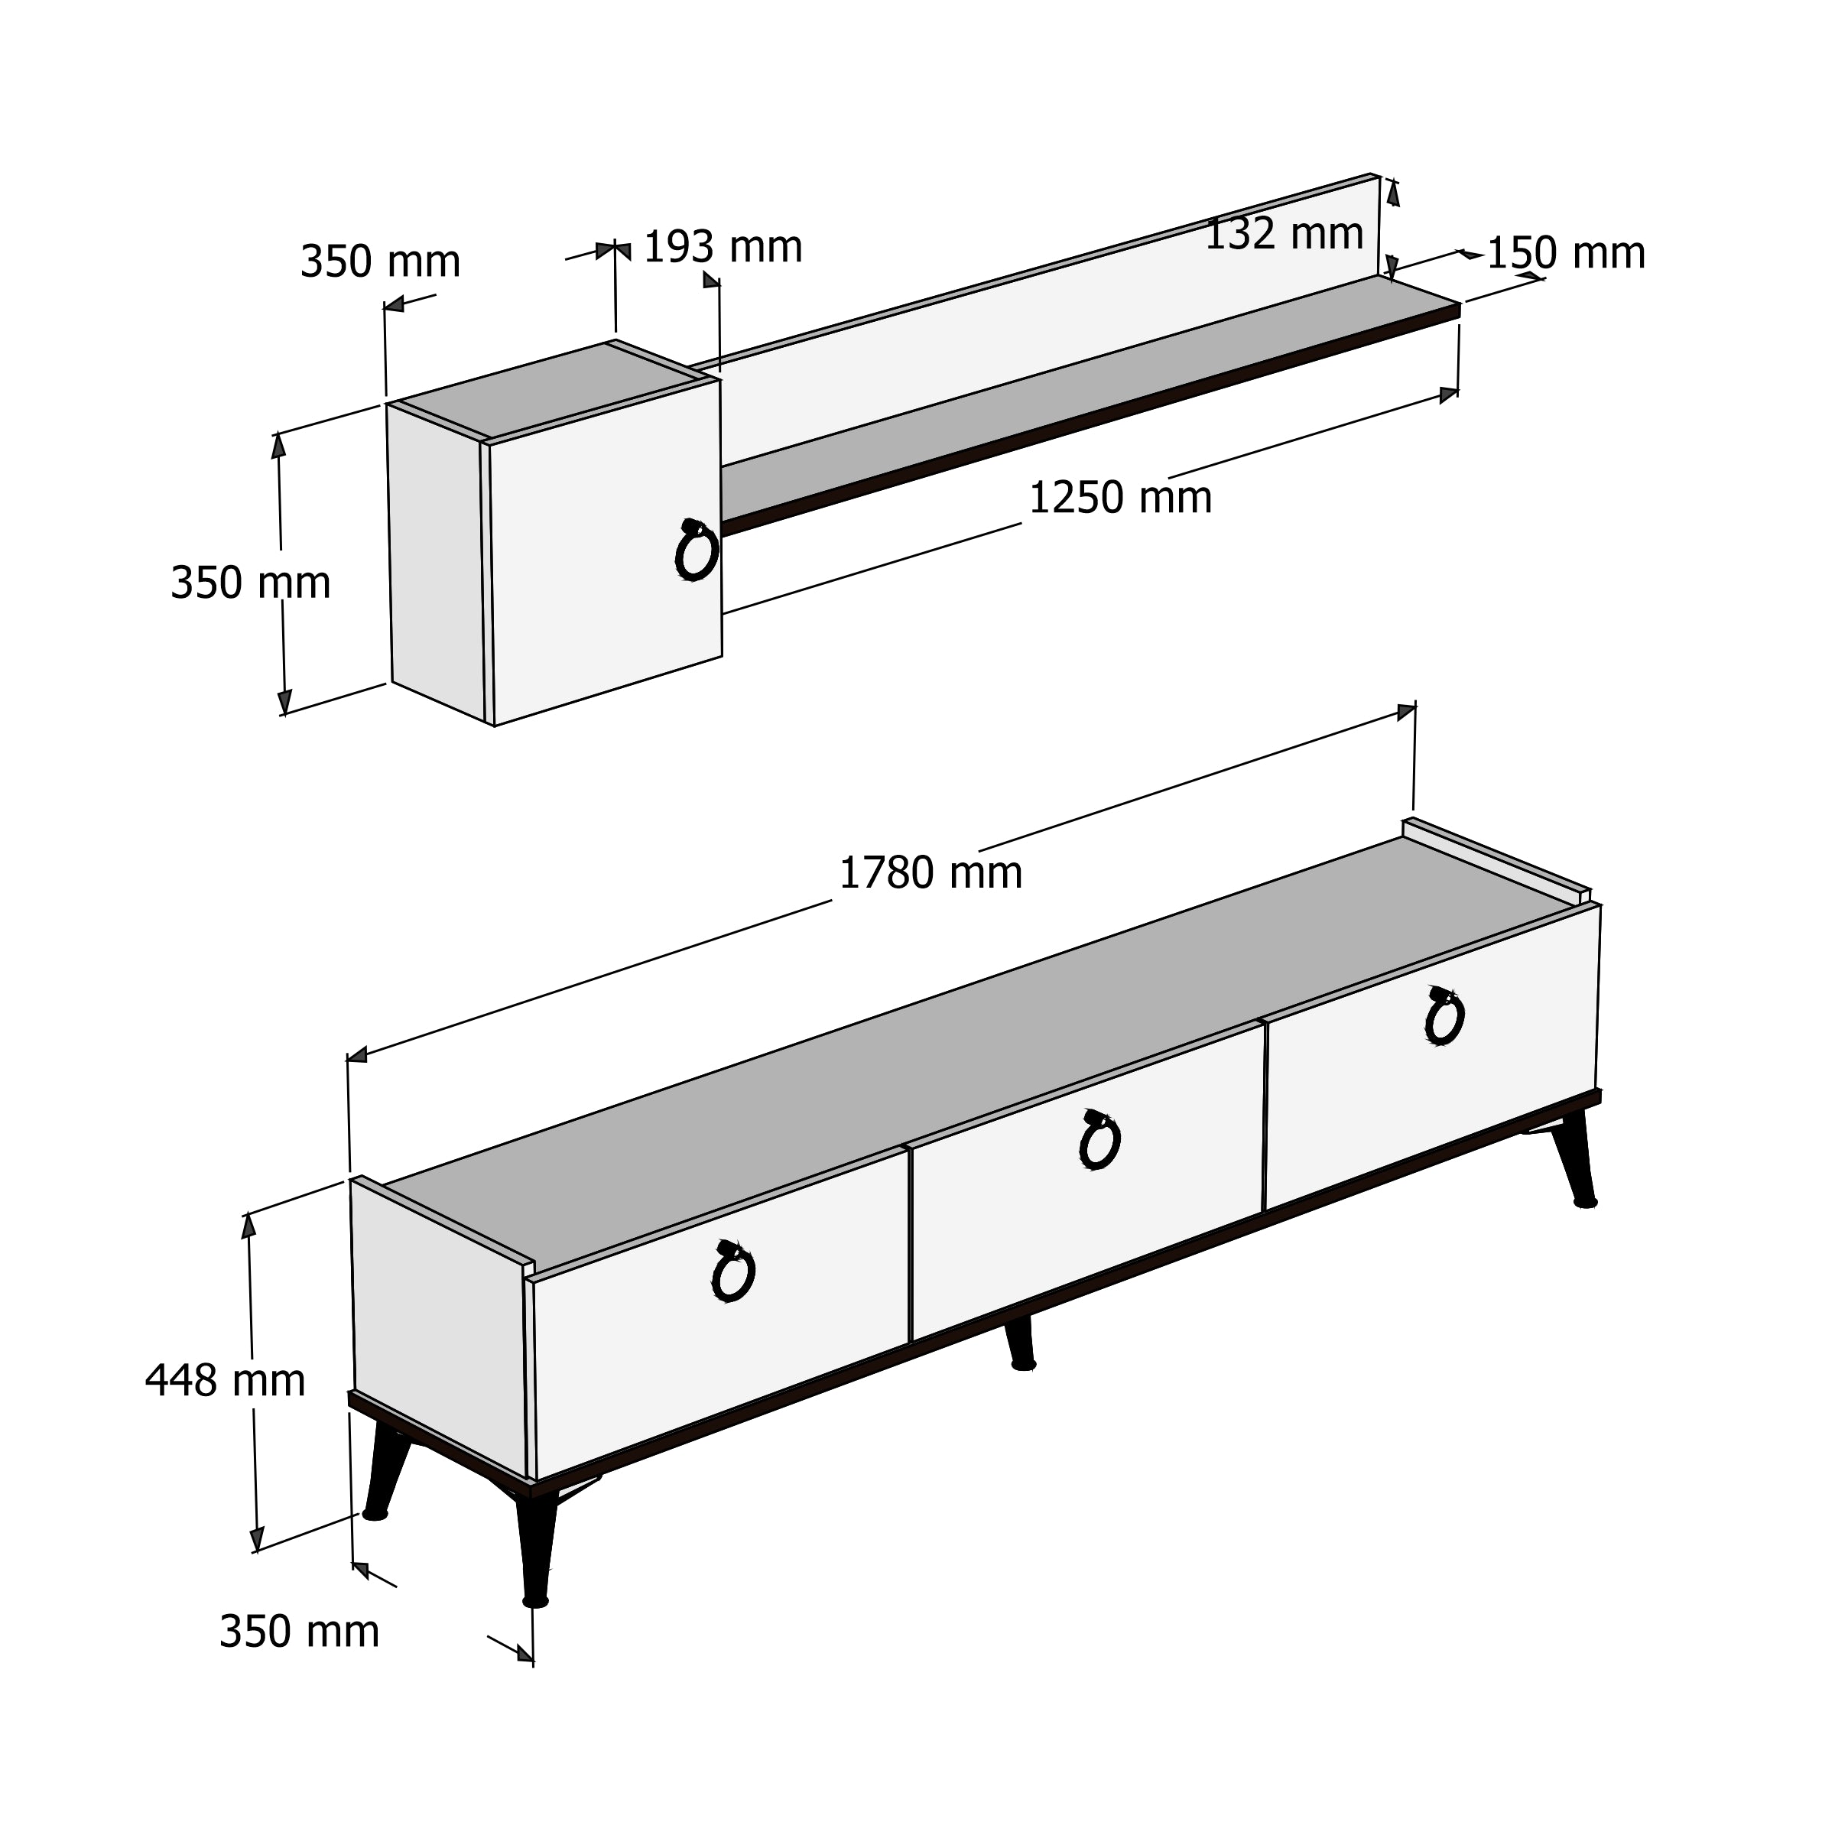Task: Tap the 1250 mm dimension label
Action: tap(1121, 498)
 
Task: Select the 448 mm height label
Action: tap(225, 1381)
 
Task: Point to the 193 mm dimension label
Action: tap(723, 247)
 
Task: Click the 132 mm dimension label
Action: tap(1284, 235)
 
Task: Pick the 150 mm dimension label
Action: tap(1566, 254)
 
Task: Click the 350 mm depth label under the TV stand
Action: tap(299, 1632)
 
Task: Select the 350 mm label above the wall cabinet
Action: tap(380, 261)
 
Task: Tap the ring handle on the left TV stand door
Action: tap(732, 1271)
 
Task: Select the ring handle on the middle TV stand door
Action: tap(1099, 1140)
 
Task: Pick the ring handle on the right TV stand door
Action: tap(1444, 1015)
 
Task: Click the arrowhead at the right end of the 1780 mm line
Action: tap(1407, 713)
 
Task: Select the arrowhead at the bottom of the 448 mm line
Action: tap(255, 1540)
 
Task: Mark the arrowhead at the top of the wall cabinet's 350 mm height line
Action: tap(278, 446)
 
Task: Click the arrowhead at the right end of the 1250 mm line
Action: tap(1448, 395)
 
